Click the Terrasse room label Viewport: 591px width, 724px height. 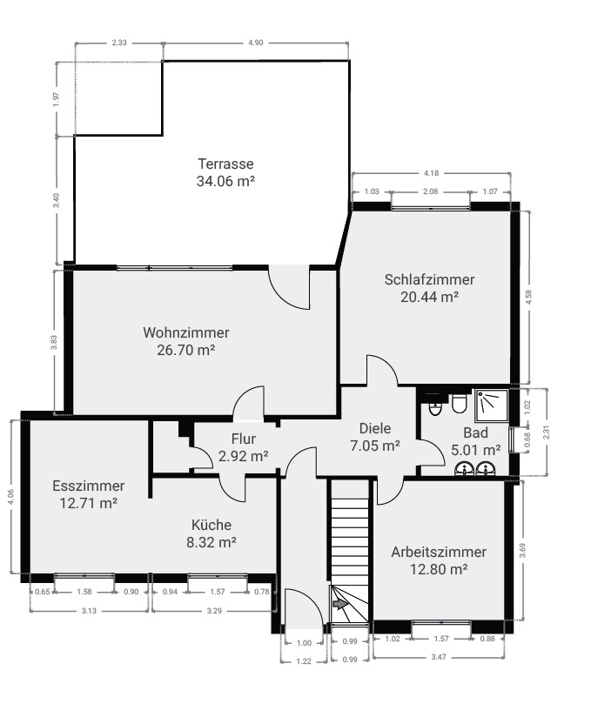point(225,164)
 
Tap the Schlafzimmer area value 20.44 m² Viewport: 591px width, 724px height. point(429,297)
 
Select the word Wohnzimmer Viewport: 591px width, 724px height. point(186,332)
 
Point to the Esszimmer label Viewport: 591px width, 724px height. point(88,486)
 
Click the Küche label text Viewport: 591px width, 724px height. point(212,525)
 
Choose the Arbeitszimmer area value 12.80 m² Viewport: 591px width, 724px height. point(439,569)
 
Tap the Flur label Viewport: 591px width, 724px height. point(243,439)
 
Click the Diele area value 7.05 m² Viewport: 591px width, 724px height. point(375,446)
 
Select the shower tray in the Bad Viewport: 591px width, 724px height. point(490,404)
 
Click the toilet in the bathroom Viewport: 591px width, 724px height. point(459,406)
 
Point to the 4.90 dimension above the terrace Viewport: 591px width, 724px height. point(255,42)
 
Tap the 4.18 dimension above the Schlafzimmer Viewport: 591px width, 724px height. point(430,173)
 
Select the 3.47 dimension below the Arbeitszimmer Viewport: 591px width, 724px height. point(439,657)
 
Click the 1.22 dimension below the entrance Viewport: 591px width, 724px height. point(304,661)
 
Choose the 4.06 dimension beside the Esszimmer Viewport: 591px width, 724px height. point(10,496)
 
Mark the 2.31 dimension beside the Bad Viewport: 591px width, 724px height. point(547,432)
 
